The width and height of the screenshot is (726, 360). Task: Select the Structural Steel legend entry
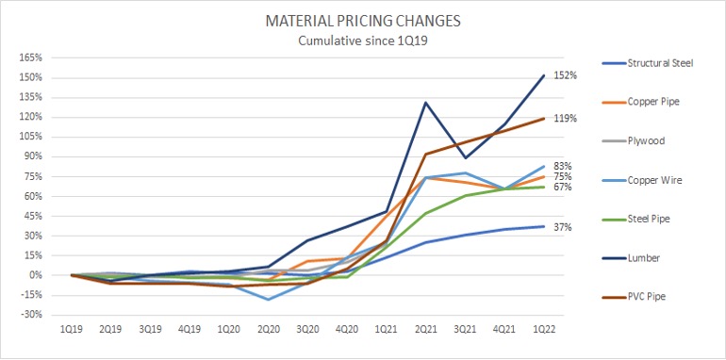pyautogui.click(x=659, y=63)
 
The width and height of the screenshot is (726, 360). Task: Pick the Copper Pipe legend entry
pyautogui.click(x=650, y=102)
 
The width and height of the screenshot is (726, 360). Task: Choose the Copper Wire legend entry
pyautogui.click(x=651, y=179)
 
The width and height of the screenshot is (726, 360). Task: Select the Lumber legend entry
pyautogui.click(x=641, y=256)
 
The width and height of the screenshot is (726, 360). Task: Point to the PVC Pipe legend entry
pyautogui.click(x=646, y=295)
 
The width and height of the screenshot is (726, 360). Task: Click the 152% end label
pyautogui.click(x=566, y=75)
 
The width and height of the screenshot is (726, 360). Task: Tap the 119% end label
pyautogui.click(x=566, y=119)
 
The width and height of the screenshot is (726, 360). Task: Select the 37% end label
pyautogui.click(x=563, y=227)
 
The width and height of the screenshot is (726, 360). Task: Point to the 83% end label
pyautogui.click(x=563, y=166)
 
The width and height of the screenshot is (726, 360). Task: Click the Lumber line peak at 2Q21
pyautogui.click(x=427, y=102)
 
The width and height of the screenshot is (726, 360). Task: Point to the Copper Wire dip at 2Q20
pyautogui.click(x=270, y=300)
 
